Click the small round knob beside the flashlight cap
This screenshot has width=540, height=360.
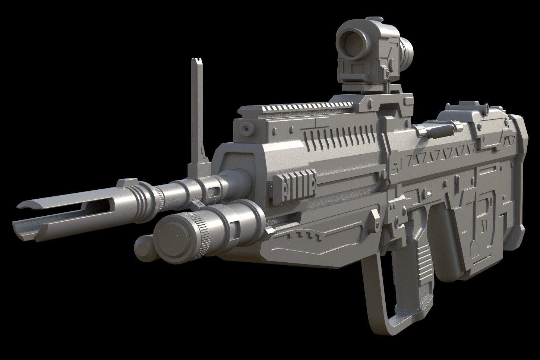coord(142,245)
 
